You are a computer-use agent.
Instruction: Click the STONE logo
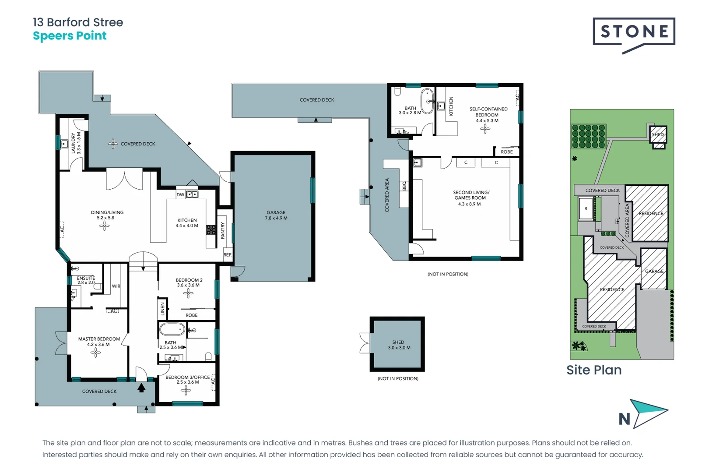634,32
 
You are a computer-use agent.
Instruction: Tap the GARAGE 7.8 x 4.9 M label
276,215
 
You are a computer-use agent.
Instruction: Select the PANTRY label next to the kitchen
223,230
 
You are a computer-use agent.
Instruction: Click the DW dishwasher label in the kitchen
180,194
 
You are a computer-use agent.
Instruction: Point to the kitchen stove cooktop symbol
211,230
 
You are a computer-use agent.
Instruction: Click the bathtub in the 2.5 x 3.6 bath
172,329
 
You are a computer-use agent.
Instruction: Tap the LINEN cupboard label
162,309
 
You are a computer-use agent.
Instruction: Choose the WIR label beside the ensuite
116,286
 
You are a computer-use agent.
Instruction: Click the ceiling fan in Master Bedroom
96,352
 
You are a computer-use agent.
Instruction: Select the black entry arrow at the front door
141,388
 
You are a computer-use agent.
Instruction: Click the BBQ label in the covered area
404,186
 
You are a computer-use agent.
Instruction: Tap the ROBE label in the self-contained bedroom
506,152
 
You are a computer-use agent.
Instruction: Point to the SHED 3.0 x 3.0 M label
399,345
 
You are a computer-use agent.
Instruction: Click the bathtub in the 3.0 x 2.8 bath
427,101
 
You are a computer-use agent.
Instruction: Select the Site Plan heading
594,370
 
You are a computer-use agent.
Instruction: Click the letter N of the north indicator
624,419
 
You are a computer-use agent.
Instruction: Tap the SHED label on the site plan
657,134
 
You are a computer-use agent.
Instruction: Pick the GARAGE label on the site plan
654,271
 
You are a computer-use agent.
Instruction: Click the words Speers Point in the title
70,36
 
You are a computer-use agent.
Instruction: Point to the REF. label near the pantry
228,255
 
